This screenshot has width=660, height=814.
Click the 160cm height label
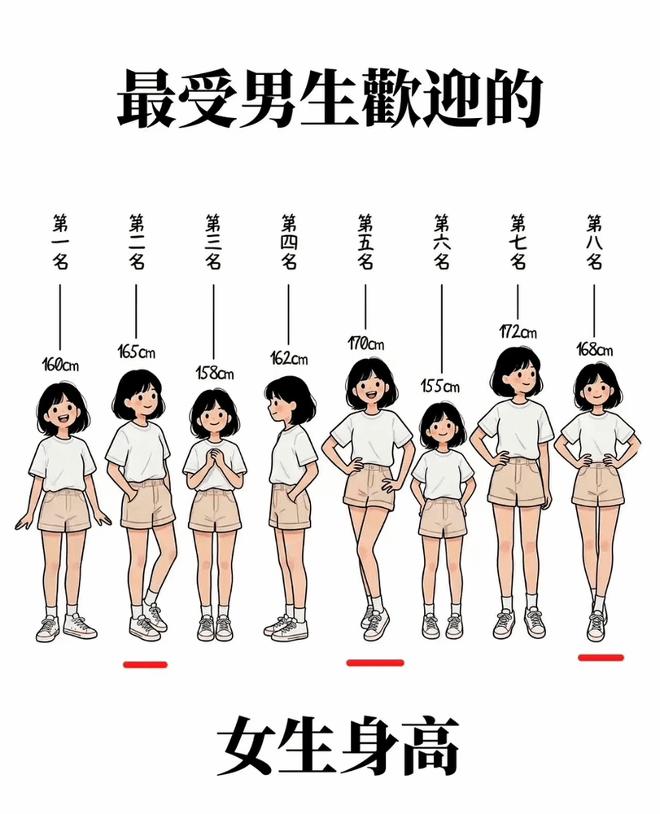tap(60, 365)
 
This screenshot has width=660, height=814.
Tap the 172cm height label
tap(518, 331)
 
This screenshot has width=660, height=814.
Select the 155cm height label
tap(440, 386)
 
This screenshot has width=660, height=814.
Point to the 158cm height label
tap(214, 373)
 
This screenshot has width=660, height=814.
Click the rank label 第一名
tap(60, 242)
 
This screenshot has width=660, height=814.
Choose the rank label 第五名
tap(365, 242)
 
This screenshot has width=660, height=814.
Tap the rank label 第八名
tap(595, 242)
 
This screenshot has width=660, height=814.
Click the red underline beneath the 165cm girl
tap(146, 664)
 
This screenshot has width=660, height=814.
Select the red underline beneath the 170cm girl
tap(375, 662)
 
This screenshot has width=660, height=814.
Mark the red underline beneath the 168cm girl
tap(601, 657)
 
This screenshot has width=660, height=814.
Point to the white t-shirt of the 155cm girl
tap(442, 475)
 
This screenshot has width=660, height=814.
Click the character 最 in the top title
tap(146, 98)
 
